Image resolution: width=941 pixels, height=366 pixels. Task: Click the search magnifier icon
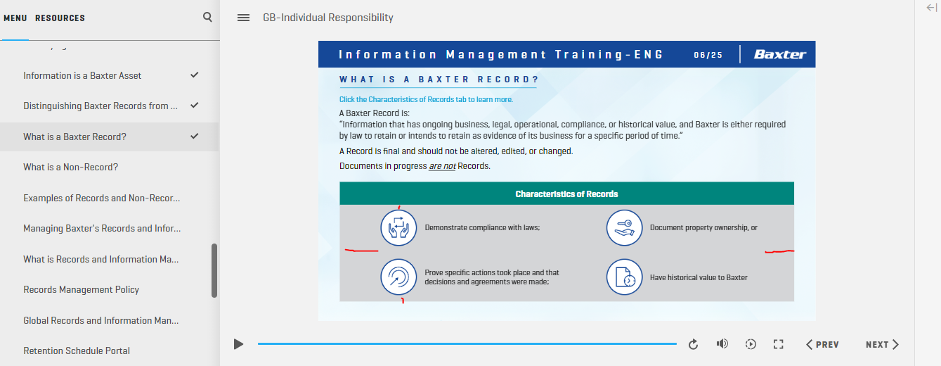(x=207, y=17)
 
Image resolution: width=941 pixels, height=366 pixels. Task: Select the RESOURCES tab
(x=60, y=18)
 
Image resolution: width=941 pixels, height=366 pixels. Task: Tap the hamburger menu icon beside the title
(x=243, y=18)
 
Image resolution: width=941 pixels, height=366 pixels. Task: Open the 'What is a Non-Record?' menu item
(x=70, y=167)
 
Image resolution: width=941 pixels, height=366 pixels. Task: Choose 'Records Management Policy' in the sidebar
(x=81, y=289)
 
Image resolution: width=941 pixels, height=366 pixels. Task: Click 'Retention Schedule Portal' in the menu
(x=77, y=351)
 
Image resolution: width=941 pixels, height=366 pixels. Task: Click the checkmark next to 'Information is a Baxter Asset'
(x=194, y=75)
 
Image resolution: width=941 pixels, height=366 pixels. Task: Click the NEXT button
(x=882, y=345)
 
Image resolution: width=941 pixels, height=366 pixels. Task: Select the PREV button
(x=822, y=345)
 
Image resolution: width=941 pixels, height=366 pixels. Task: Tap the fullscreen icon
(x=779, y=344)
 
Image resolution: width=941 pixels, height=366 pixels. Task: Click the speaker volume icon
(x=722, y=343)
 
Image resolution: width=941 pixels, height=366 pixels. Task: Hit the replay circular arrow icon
(x=693, y=344)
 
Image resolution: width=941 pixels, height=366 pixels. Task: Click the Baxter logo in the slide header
(x=779, y=54)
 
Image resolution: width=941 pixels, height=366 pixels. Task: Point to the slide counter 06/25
(x=708, y=55)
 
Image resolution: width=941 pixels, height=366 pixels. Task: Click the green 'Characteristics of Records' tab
(x=566, y=194)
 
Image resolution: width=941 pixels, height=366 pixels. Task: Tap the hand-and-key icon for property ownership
(x=624, y=227)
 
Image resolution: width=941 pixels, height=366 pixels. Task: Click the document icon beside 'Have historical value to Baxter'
(x=624, y=277)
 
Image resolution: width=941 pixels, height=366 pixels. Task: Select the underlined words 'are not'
(x=442, y=165)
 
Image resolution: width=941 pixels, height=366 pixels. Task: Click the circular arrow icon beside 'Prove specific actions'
(x=398, y=277)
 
